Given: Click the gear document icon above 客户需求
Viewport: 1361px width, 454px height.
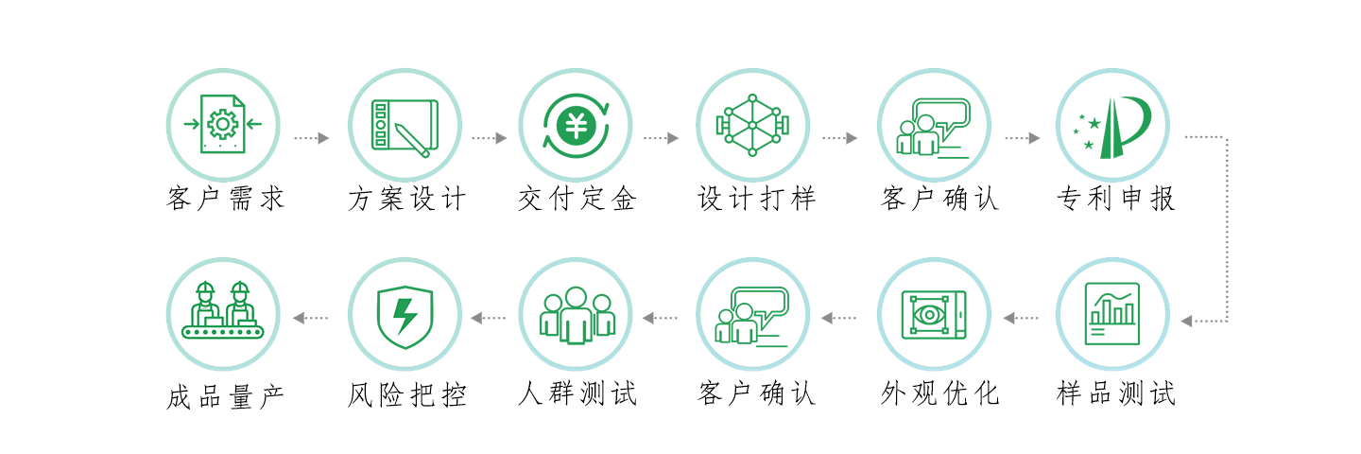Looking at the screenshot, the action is tap(223, 124).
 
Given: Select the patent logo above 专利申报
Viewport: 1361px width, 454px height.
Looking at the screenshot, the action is tap(1111, 127).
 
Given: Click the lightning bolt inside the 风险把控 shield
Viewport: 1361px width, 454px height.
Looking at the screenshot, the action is tap(405, 316).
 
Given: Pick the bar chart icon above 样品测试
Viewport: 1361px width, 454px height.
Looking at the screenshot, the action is tap(1111, 314).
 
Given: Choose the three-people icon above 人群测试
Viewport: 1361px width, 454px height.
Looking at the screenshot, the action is tap(576, 315).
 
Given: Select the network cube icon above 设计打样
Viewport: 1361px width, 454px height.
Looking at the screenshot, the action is tap(752, 125).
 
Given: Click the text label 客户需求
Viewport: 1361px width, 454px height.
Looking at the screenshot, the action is tap(225, 199).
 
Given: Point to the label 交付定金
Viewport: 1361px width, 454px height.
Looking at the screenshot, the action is tap(577, 199).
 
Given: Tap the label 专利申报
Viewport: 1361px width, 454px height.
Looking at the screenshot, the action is tap(1115, 199).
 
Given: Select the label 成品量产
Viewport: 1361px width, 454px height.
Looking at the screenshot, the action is tap(225, 397).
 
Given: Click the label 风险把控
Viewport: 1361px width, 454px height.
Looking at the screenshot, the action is tap(406, 394).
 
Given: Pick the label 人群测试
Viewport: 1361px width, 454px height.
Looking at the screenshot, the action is tap(577, 393).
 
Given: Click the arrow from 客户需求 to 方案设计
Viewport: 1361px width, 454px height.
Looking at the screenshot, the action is tap(312, 138).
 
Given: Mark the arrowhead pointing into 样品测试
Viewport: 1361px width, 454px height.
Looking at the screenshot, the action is tap(1186, 321).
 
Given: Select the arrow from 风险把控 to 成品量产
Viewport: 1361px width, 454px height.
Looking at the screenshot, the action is tap(310, 318).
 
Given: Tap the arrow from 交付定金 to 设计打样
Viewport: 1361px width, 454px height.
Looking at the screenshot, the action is tap(661, 138).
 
